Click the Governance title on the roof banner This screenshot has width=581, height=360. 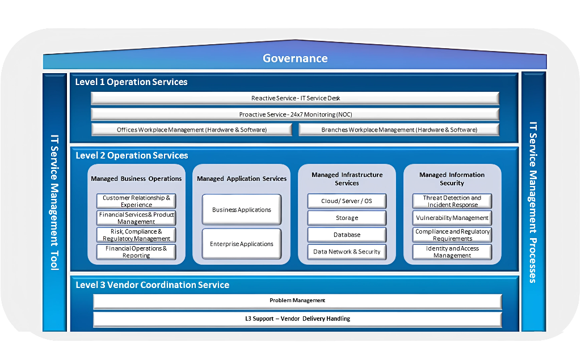[295, 58]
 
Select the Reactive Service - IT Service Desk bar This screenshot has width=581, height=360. [295, 99]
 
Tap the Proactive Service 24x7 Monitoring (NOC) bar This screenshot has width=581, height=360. [295, 115]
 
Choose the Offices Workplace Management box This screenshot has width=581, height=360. [192, 130]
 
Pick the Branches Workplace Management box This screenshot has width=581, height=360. [399, 130]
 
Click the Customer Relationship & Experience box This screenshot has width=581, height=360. [136, 201]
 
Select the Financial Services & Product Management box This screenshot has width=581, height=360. [136, 218]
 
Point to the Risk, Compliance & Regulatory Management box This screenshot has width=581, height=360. [136, 235]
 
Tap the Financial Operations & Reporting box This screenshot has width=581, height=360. [136, 252]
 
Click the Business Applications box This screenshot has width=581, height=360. [242, 210]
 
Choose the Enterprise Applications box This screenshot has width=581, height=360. [242, 244]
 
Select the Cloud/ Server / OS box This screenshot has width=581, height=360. [347, 201]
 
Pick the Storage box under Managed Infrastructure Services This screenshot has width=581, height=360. [347, 218]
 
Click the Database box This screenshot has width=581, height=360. [347, 235]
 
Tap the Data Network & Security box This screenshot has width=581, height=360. [347, 252]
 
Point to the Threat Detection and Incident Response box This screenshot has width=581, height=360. [452, 201]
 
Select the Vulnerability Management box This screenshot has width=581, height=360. [452, 218]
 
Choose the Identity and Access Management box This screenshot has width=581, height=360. [452, 252]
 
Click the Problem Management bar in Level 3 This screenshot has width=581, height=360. [297, 301]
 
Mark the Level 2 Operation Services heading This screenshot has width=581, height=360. [132, 155]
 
